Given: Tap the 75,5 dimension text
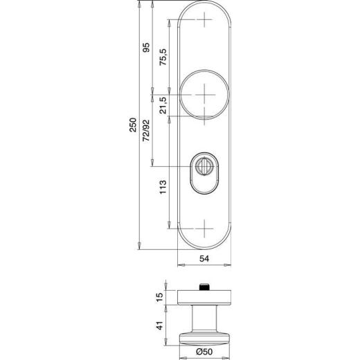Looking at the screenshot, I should coord(163,57).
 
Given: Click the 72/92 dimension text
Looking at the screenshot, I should coord(146,130).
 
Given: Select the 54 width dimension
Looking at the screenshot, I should coord(205,258).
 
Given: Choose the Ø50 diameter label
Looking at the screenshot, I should coord(204,351).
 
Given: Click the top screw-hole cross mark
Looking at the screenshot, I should coord(205,21).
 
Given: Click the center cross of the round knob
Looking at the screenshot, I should coord(205,95).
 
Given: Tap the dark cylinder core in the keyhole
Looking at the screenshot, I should coord(205,165).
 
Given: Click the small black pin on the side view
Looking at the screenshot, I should coord(204,287).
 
